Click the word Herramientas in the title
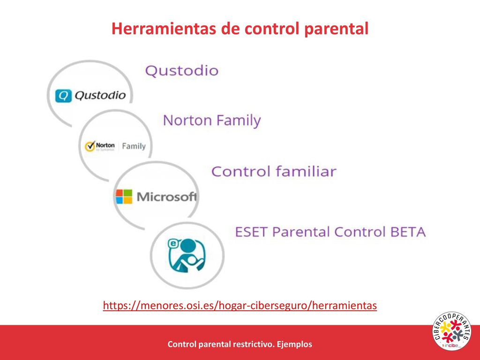pyautogui.click(x=163, y=29)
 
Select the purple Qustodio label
pyautogui.click(x=181, y=71)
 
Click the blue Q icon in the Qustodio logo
pyautogui.click(x=63, y=96)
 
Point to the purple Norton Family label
pyautogui.click(x=212, y=120)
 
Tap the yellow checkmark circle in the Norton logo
pyautogui.click(x=90, y=146)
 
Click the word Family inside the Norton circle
pyautogui.click(x=134, y=146)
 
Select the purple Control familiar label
pyautogui.click(x=274, y=172)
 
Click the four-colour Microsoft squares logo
pyautogui.click(x=124, y=196)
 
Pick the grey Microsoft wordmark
pyautogui.click(x=166, y=196)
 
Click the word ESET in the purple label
pyautogui.click(x=251, y=232)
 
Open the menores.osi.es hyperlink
pyautogui.click(x=240, y=306)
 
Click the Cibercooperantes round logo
pyautogui.click(x=451, y=331)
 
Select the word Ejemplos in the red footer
pyautogui.click(x=294, y=344)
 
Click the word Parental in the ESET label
pyautogui.click(x=301, y=232)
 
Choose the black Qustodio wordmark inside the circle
pyautogui.click(x=100, y=96)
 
